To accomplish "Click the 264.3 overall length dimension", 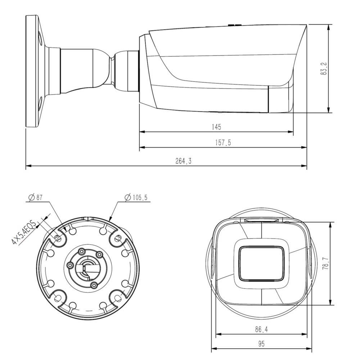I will click(183, 162).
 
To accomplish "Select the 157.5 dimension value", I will click(224, 143).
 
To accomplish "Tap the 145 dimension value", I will click(216, 127).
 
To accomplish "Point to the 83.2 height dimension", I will click(324, 68).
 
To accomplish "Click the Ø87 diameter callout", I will click(35, 197).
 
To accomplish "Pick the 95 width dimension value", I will click(261, 344).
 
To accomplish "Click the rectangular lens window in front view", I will click(261, 263).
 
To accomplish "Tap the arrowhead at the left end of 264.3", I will click(28, 166).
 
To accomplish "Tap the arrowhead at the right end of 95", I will click(310, 348).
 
